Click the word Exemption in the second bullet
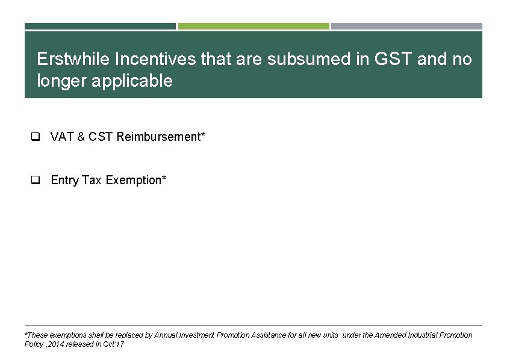[x=134, y=180]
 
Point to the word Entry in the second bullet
[x=65, y=180]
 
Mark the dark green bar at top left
[x=100, y=26]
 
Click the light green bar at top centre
[x=253, y=26]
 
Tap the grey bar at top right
[x=406, y=26]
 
